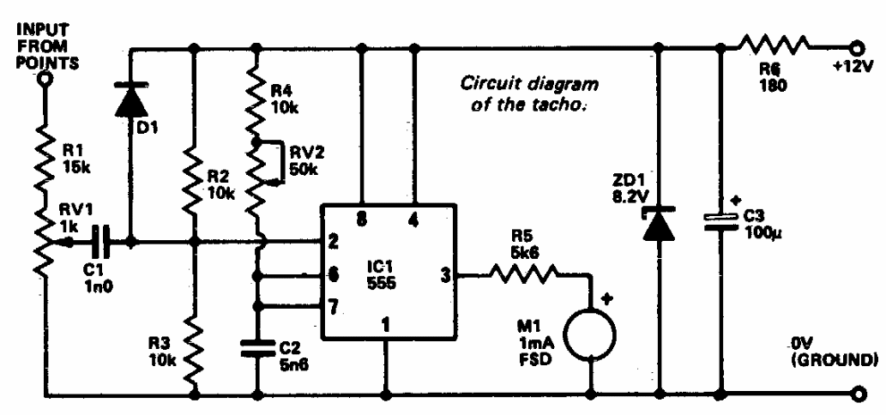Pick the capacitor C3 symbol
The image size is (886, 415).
pos(720,221)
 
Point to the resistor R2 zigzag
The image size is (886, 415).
pos(196,171)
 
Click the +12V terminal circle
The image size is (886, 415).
pos(854,46)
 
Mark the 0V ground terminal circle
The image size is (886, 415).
pos(854,395)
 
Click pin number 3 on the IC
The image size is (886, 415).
pos(445,275)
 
